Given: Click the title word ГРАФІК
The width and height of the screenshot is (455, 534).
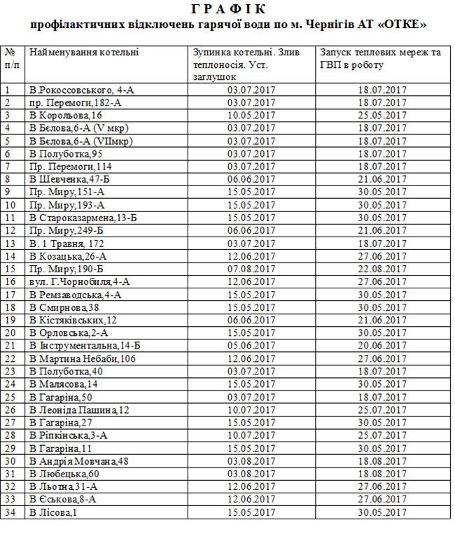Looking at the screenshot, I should pos(228,9).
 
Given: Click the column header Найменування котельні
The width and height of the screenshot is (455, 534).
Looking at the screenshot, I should pos(84,52).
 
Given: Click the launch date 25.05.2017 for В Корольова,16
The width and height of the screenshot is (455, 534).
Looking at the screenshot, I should pos(382,115).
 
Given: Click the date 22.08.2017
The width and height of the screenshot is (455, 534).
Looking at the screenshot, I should pos(382,269).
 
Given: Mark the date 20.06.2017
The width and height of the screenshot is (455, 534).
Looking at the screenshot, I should pos(382,345).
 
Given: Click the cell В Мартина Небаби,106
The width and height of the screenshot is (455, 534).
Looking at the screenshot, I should pos(83,358).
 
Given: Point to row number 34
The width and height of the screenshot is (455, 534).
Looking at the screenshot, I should pos(10,512).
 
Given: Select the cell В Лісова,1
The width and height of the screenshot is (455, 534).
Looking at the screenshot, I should pos(53,512).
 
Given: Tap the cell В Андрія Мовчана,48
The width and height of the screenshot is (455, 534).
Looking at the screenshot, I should pos(79,461).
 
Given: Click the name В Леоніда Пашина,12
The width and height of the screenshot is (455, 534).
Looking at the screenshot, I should pos(79,409).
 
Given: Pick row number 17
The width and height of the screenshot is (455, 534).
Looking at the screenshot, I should pos(10,295).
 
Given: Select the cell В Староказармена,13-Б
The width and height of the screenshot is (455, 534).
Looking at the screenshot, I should pos(83,218).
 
